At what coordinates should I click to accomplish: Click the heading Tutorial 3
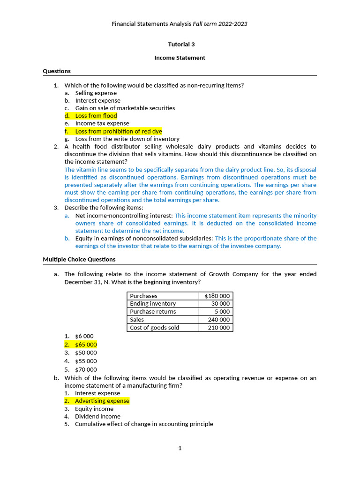tap(181, 45)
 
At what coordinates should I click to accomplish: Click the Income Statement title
tap(180, 58)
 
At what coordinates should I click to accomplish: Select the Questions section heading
tap(57, 71)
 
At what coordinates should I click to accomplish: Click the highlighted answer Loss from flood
tap(96, 116)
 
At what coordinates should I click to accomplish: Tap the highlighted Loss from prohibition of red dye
tap(118, 131)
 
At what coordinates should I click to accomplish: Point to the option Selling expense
tap(96, 93)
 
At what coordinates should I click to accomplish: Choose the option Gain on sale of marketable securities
tap(125, 108)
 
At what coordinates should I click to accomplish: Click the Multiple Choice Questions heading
tap(79, 259)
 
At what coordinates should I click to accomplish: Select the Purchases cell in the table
tap(144, 296)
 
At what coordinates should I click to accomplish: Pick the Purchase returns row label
tap(153, 312)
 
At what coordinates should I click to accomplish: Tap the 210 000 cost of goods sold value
tap(218, 328)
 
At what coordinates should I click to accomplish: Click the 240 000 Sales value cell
tap(218, 320)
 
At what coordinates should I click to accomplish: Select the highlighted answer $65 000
tap(86, 345)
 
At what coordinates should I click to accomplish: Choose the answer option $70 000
tap(86, 369)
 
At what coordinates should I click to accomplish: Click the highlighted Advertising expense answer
tap(102, 401)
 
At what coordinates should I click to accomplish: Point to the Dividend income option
tap(97, 416)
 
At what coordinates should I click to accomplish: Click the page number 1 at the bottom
tap(180, 448)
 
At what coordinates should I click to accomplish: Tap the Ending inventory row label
tap(153, 304)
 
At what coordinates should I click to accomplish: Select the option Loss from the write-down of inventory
tap(127, 139)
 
